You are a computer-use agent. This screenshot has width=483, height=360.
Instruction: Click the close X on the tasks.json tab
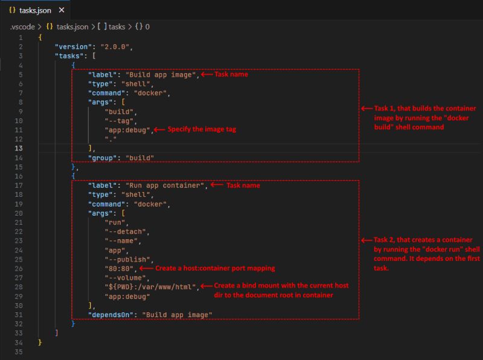(x=62, y=10)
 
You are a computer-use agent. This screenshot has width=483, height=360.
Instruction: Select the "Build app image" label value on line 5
(x=161, y=74)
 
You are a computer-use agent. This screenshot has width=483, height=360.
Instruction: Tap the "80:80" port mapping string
(x=119, y=268)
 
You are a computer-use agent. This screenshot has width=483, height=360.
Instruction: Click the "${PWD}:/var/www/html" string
(x=150, y=287)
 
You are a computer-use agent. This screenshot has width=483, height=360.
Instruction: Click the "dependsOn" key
(x=110, y=315)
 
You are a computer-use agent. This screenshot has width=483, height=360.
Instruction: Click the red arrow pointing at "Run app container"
(x=217, y=185)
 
